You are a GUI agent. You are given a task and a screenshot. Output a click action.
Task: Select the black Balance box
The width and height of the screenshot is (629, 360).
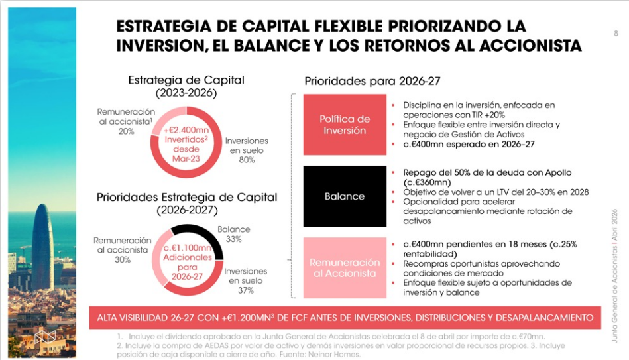click(x=344, y=196)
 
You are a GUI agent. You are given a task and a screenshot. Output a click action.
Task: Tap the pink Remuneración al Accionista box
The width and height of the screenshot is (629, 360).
click(x=344, y=268)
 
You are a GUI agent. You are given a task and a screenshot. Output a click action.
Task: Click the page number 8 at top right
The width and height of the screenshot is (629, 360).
click(x=616, y=33)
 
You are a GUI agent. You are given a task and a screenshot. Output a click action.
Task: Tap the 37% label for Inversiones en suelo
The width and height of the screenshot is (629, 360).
click(x=245, y=291)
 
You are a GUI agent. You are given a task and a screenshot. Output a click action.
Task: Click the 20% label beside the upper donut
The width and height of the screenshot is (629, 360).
click(x=125, y=131)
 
